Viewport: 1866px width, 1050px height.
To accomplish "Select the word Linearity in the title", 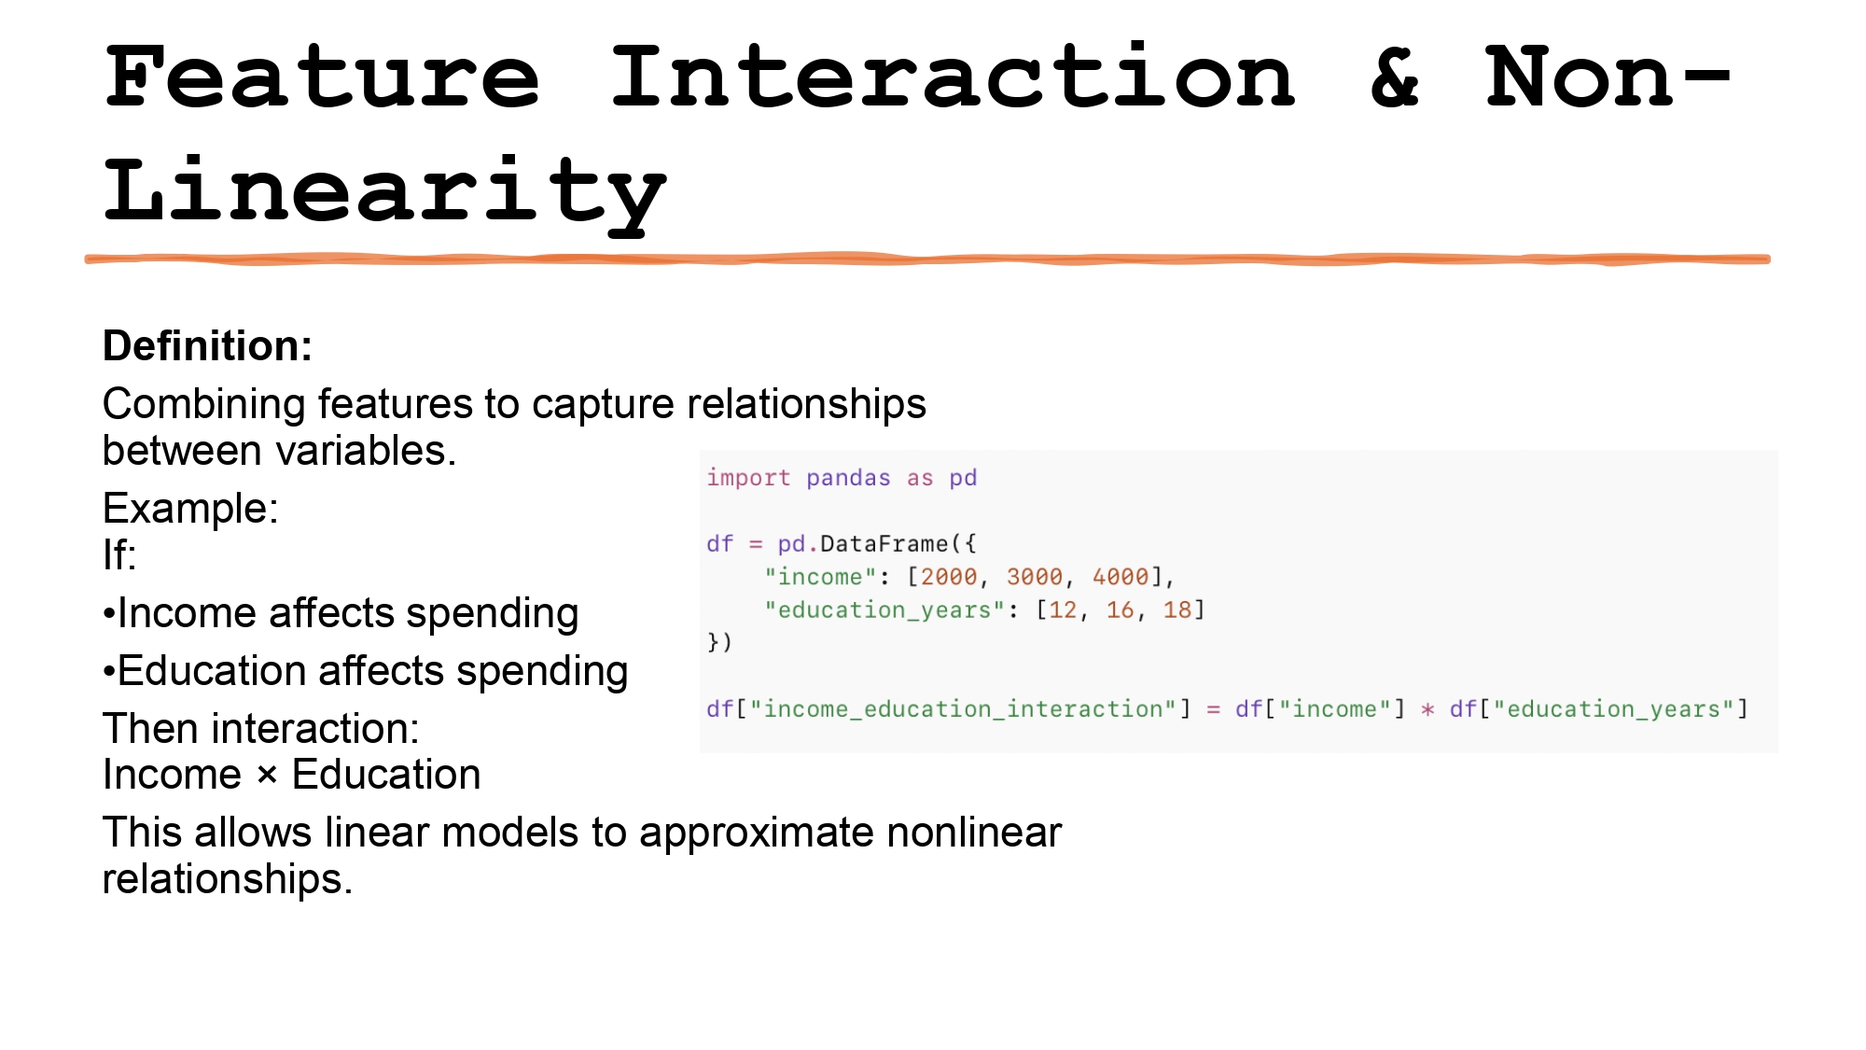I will (384, 192).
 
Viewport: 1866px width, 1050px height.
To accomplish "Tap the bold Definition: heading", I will (207, 346).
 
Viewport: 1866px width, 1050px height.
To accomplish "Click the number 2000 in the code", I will (948, 578).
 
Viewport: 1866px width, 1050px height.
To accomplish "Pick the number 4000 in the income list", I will (1120, 578).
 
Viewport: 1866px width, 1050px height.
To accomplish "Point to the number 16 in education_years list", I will (1120, 610).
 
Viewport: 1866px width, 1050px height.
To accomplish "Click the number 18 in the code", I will (1177, 610).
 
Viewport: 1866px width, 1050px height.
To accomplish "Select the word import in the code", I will (748, 478).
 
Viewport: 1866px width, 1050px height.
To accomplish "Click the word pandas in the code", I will (848, 478).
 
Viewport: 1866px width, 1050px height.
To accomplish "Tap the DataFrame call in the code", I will (884, 544).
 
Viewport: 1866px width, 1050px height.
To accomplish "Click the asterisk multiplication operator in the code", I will (1427, 710).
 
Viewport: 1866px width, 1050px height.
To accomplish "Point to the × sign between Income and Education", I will (267, 776).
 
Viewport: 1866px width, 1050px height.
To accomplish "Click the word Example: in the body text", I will (190, 509).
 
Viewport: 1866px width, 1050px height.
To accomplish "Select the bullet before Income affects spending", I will (109, 615).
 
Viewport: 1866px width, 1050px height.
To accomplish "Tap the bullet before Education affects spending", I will (109, 673).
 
